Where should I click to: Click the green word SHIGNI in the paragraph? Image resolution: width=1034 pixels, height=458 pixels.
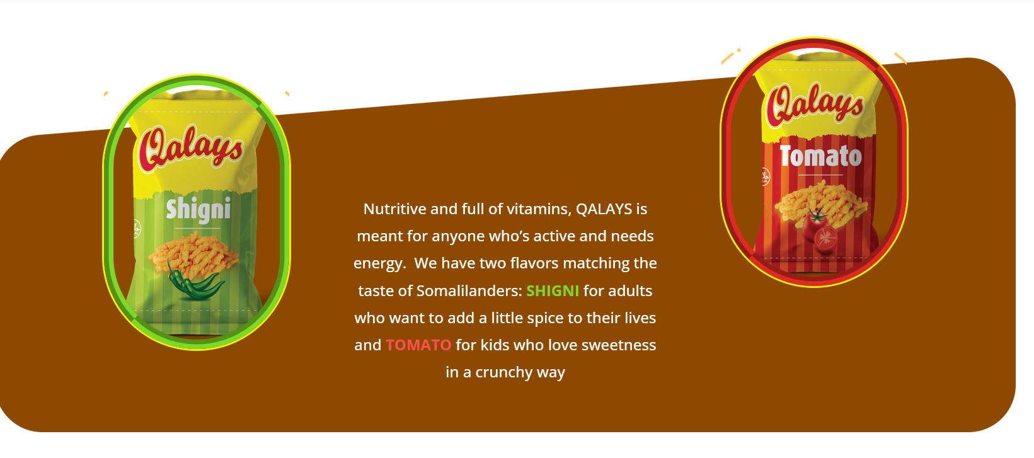[x=553, y=291]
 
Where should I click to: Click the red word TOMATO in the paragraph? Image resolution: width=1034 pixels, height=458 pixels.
[x=418, y=345]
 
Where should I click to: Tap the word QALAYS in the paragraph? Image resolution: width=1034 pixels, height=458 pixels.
[x=604, y=209]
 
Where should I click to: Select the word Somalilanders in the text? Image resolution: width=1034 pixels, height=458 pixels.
[x=469, y=291]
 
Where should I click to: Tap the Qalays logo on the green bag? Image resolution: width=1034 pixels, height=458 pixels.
[x=191, y=148]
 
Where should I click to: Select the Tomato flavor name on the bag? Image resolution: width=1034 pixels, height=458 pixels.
[x=821, y=156]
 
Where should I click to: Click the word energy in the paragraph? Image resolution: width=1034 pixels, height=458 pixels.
[x=378, y=264]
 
